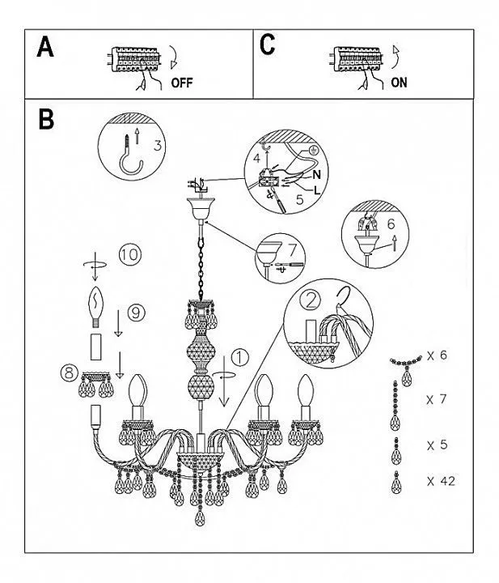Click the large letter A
46,48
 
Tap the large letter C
268,45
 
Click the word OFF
183,83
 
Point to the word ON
399,82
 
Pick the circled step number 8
70,373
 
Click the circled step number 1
239,356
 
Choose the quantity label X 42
442,481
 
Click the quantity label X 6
438,355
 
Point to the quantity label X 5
438,445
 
